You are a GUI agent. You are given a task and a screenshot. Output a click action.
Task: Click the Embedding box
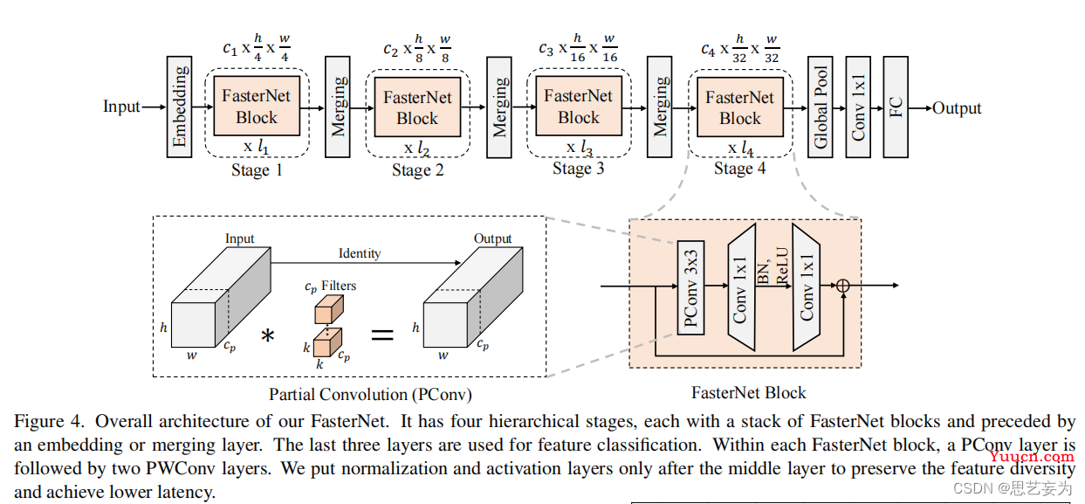[179, 107]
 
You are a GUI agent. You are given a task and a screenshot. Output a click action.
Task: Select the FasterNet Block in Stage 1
[257, 106]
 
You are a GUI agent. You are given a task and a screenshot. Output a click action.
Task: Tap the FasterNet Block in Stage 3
[579, 106]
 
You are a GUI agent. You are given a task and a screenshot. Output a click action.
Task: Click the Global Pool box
[820, 107]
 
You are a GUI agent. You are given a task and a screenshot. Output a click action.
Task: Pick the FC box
[896, 107]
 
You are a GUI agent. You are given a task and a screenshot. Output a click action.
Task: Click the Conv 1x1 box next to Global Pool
[858, 107]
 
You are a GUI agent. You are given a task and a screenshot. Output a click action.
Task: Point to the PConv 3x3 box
[690, 287]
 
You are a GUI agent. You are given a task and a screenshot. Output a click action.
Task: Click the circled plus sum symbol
[843, 286]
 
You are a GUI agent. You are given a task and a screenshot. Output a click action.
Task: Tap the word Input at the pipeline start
[121, 107]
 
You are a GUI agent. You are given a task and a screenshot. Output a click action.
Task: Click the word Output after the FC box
[957, 107]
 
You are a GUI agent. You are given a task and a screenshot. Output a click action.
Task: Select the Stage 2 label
[417, 169]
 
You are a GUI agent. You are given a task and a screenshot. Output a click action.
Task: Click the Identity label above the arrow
[360, 253]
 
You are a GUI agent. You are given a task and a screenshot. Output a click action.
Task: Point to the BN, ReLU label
[773, 266]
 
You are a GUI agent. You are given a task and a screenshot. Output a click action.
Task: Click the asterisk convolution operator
[267, 335]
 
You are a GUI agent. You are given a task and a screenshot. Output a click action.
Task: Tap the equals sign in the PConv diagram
[382, 335]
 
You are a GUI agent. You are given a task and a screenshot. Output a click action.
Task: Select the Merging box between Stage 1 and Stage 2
[337, 107]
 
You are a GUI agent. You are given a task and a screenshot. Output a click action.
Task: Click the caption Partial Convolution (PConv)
[371, 395]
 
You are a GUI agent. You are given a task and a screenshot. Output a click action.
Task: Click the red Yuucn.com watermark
[1032, 456]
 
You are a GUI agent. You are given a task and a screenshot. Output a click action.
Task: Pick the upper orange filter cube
[329, 309]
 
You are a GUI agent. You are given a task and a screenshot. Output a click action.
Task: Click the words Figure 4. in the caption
[49, 421]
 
